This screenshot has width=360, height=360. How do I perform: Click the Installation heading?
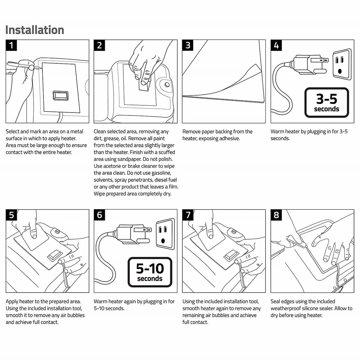click(34, 30)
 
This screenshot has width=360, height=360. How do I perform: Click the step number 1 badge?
click(12, 45)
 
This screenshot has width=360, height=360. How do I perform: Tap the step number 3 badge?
click(188, 45)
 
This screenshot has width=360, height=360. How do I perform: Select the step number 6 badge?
click(100, 215)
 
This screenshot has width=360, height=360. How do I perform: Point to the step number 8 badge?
click(276, 215)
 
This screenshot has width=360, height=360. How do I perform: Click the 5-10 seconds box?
click(150, 272)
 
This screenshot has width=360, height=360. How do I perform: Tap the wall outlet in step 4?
click(342, 64)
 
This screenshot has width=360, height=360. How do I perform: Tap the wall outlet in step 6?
click(165, 234)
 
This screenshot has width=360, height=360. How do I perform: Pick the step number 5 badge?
click(12, 215)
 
